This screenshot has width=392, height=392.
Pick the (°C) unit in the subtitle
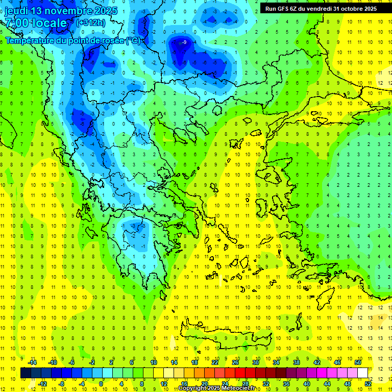(x=133, y=40)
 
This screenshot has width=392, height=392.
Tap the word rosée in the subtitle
(x=112, y=40)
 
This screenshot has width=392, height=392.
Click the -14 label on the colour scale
(x=33, y=362)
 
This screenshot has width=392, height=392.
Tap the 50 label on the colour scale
(x=358, y=362)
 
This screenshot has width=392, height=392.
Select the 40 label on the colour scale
(x=307, y=383)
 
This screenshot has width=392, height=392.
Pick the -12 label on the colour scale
(x=42, y=383)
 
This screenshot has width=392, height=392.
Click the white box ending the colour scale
(x=363, y=373)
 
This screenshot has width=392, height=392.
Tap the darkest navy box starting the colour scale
(x=26, y=373)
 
